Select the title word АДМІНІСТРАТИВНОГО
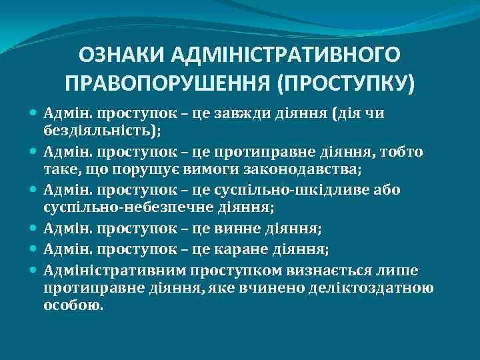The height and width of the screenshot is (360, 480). pyautogui.click(x=291, y=54)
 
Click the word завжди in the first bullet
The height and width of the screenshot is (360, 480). pyautogui.click(x=239, y=114)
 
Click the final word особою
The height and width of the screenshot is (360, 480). pyautogui.click(x=73, y=305)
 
